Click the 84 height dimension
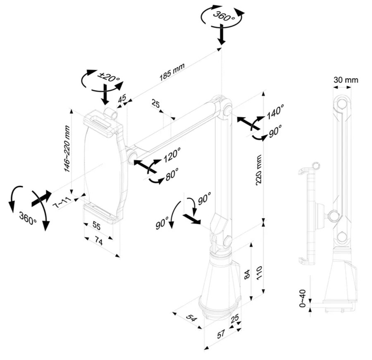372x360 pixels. point(247,274)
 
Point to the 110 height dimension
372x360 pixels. point(259,274)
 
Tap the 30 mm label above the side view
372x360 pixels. point(346,80)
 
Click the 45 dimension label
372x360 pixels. point(122,98)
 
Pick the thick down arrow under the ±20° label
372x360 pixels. point(105,95)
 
